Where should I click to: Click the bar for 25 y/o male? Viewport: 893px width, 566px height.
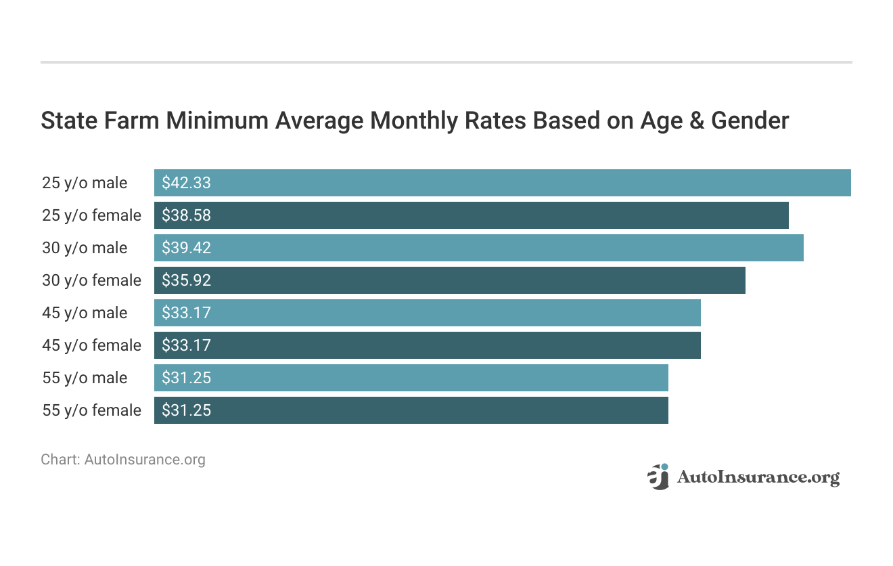tap(502, 183)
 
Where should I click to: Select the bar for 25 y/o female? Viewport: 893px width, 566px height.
tap(471, 215)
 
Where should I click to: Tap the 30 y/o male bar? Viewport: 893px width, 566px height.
tap(478, 248)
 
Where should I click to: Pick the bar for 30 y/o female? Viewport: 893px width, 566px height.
tap(449, 280)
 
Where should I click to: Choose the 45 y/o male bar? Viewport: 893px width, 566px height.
tap(427, 313)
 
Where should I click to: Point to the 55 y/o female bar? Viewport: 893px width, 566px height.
tap(411, 410)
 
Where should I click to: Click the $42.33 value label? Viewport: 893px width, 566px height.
tap(186, 183)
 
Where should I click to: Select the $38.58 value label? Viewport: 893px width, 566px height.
tap(186, 215)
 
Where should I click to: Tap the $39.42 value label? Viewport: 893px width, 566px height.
tap(186, 248)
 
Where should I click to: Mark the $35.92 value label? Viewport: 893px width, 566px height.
tap(186, 280)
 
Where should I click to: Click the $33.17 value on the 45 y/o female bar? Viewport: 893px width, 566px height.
tap(186, 345)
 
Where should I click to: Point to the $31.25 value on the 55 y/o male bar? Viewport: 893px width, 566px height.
tap(186, 378)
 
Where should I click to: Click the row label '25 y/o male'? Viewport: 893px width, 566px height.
tap(85, 183)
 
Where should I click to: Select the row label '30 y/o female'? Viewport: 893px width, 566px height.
tap(91, 280)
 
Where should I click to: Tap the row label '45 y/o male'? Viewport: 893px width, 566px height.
tap(85, 313)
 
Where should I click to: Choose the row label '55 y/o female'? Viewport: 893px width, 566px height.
tap(91, 410)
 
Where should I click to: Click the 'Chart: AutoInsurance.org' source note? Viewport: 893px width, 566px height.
tap(122, 460)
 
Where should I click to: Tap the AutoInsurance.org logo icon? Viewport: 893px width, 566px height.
tap(658, 477)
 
